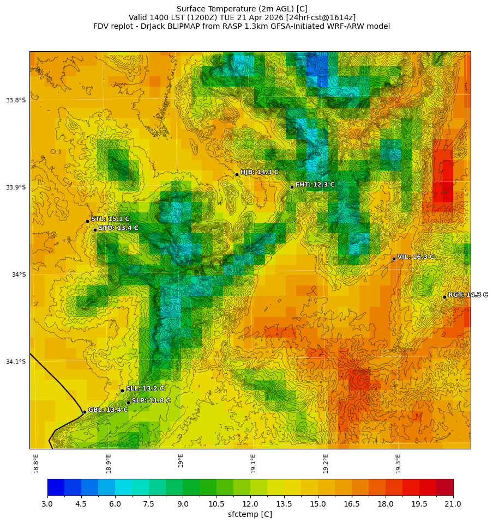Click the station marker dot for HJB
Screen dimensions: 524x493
tap(237, 174)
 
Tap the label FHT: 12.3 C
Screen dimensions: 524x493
tap(315, 185)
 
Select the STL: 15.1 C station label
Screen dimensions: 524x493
tap(110, 219)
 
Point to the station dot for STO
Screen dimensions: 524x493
tap(95, 230)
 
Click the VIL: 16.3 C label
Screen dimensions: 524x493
tap(416, 257)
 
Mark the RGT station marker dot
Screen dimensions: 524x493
tap(444, 297)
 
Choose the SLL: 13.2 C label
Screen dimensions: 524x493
tap(145, 388)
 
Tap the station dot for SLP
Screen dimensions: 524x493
tap(128, 403)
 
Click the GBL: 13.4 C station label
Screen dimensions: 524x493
tap(108, 410)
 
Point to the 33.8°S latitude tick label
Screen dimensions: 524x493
tap(16, 100)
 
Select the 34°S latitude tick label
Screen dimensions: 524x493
tap(19, 275)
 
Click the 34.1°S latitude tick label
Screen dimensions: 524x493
tap(16, 362)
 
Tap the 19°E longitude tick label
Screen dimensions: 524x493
tap(181, 460)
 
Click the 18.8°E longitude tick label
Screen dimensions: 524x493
tap(36, 463)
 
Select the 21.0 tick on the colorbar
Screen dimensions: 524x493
tap(453, 504)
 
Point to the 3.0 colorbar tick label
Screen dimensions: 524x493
tap(47, 504)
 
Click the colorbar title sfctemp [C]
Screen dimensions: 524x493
tap(250, 515)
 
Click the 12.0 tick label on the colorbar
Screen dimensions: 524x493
tap(250, 504)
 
